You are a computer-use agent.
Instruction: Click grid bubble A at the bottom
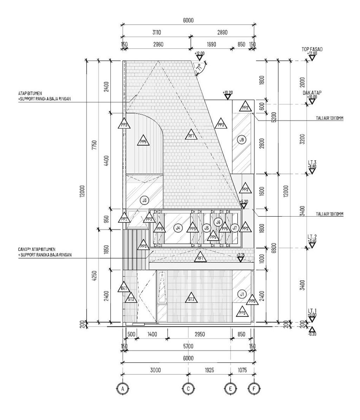(123, 388)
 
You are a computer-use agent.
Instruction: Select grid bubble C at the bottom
(188, 388)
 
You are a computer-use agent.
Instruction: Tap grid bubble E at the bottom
(230, 388)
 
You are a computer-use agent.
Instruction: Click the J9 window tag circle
(242, 140)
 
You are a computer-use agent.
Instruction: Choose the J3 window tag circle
(144, 201)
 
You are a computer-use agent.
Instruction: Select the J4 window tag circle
(178, 228)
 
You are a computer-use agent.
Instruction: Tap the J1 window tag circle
(242, 294)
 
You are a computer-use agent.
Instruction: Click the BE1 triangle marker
(124, 288)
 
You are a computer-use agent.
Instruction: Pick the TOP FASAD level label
(312, 50)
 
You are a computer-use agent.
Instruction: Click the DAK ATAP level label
(312, 93)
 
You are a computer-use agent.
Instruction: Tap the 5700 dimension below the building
(188, 347)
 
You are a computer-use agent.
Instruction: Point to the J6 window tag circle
(218, 222)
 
